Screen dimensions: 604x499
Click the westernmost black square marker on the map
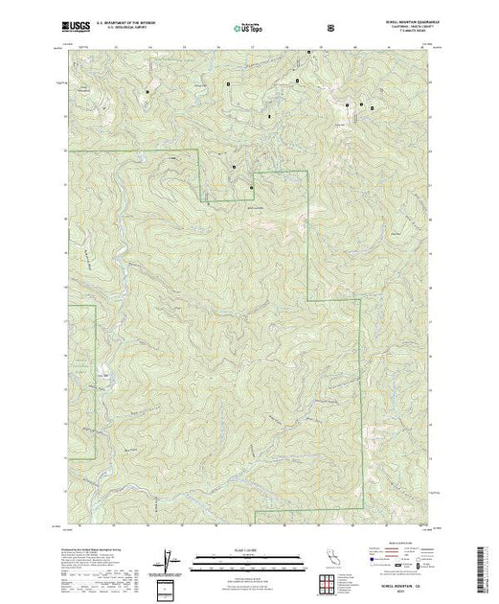point(147,91)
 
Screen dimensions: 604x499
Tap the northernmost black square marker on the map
point(298,80)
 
